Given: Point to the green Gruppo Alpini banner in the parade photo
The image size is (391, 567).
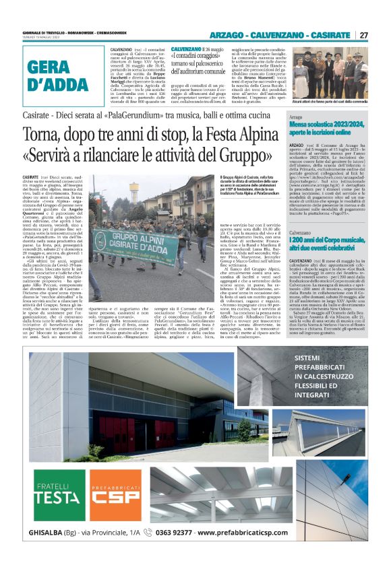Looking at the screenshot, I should [x=134, y=238].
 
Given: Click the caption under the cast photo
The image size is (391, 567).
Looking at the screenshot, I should [x=335, y=102].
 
